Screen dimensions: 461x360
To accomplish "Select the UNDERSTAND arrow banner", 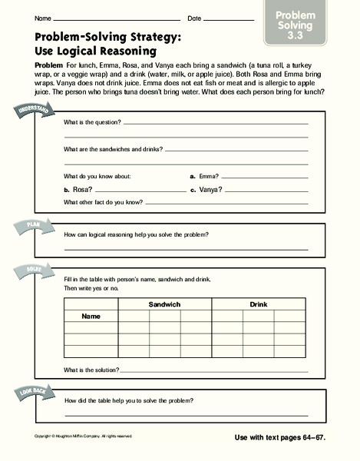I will pos(28,114).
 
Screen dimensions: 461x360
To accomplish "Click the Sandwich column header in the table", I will pos(164,305).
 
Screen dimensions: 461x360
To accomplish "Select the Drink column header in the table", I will pos(258,305).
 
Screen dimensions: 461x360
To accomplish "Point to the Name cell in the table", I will pos(91,316).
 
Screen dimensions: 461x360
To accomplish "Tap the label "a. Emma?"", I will pos(203,176).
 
